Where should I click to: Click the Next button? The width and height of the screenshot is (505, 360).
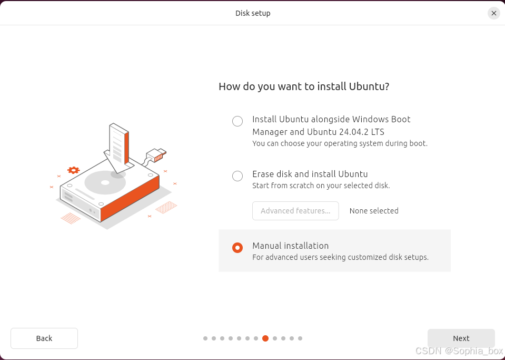click(461, 338)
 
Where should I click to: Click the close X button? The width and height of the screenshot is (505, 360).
click(494, 13)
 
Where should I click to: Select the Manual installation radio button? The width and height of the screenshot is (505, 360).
click(237, 248)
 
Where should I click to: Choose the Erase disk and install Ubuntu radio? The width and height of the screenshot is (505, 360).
click(237, 176)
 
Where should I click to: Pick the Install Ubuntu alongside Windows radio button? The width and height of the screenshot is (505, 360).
click(237, 121)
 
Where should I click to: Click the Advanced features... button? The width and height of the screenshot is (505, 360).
click(295, 211)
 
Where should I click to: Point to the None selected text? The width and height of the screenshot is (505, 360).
click(374, 211)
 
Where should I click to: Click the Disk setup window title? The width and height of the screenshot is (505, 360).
click(253, 13)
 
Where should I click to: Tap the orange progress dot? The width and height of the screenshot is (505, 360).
click(265, 338)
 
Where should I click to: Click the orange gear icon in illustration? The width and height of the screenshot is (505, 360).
click(73, 170)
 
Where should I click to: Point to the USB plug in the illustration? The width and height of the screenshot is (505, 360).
click(156, 155)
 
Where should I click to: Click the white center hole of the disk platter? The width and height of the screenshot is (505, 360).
click(105, 183)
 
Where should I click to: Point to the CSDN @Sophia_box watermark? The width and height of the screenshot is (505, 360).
click(459, 351)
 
